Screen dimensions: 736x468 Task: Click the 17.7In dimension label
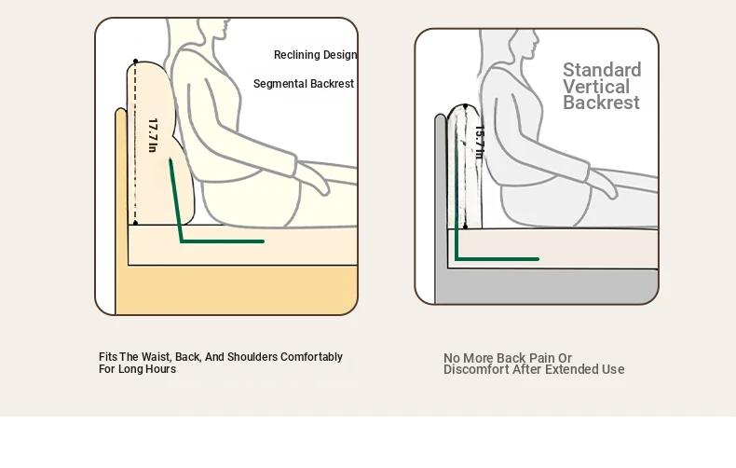click(152, 135)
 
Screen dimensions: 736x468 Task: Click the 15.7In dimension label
click(479, 143)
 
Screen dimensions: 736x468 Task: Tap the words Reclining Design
click(316, 55)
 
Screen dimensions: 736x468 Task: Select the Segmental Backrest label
click(304, 84)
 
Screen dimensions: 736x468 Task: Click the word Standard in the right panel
click(602, 70)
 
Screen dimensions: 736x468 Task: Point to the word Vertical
click(596, 87)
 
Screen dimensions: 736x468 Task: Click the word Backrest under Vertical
click(601, 103)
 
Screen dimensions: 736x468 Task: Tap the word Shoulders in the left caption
click(252, 357)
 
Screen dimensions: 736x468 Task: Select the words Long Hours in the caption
click(147, 369)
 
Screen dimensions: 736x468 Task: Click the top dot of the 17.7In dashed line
click(136, 62)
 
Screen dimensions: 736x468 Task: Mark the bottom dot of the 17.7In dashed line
click(136, 223)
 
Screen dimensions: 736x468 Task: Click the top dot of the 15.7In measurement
click(465, 107)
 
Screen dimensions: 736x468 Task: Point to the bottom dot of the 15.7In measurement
click(465, 227)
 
